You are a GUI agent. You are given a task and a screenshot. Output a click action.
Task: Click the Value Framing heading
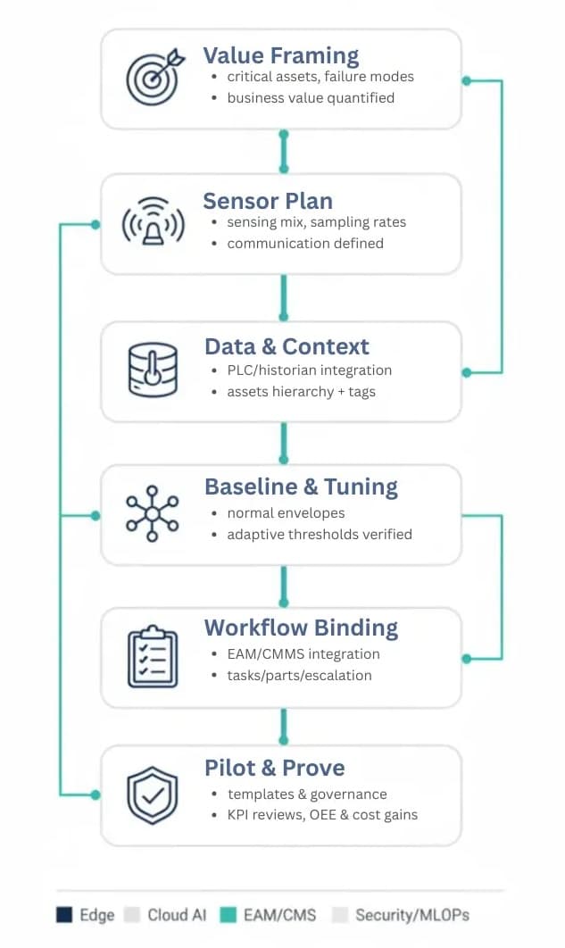pyautogui.click(x=281, y=55)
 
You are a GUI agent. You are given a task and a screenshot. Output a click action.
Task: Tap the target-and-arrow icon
pyautogui.click(x=153, y=78)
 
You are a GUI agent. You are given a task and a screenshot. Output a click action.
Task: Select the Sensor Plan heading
pyautogui.click(x=267, y=200)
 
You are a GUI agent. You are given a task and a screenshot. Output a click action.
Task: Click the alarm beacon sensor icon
pyautogui.click(x=153, y=223)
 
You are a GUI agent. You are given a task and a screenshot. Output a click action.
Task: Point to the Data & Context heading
pyautogui.click(x=287, y=346)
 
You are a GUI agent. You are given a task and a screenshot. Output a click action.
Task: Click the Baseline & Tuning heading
pyautogui.click(x=301, y=486)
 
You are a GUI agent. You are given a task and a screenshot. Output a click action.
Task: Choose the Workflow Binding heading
pyautogui.click(x=301, y=627)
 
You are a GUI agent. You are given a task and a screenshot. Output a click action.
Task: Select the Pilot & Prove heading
pyautogui.click(x=274, y=768)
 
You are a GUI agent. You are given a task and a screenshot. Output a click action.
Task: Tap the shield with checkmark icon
pyautogui.click(x=153, y=796)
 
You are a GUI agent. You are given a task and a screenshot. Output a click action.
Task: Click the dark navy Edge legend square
pyautogui.click(x=64, y=915)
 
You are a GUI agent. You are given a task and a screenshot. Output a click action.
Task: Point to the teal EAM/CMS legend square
pyautogui.click(x=228, y=915)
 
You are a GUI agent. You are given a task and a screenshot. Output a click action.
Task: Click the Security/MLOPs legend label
pyautogui.click(x=411, y=915)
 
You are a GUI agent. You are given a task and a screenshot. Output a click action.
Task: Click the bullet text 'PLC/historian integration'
pyautogui.click(x=309, y=370)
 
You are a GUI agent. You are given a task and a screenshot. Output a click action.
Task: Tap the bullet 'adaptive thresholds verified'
pyautogui.click(x=319, y=534)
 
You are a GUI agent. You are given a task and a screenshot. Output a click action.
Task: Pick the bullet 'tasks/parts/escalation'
pyautogui.click(x=299, y=675)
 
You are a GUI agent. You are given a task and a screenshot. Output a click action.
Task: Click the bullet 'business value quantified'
pyautogui.click(x=310, y=97)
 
